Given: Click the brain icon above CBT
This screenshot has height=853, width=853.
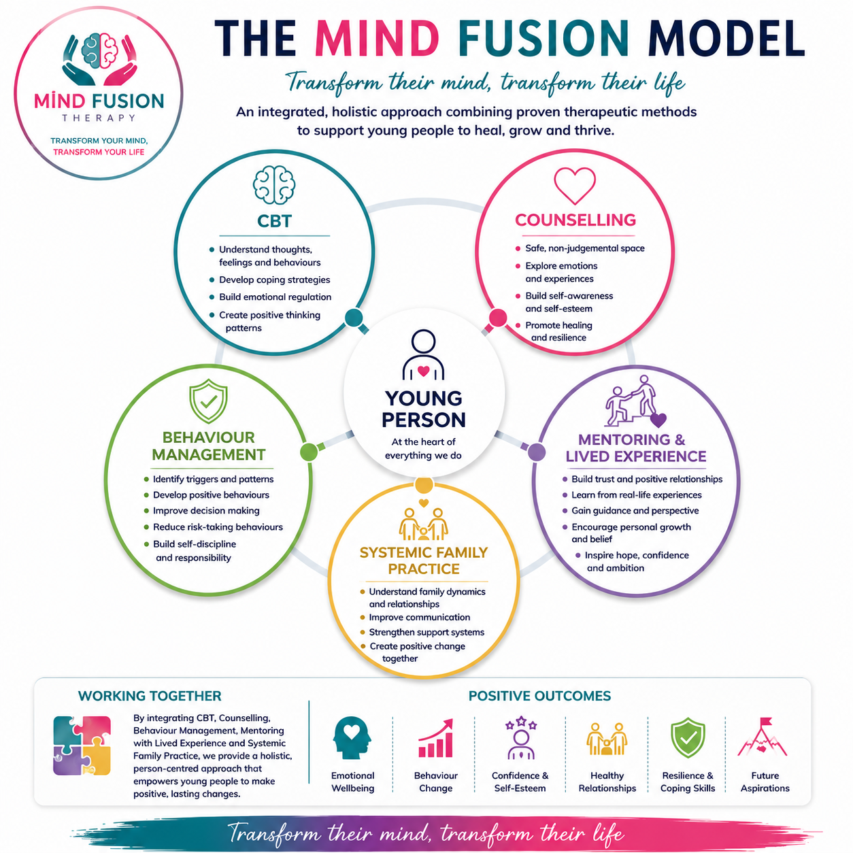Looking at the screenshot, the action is (274, 184).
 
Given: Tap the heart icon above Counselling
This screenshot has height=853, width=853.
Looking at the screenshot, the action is (575, 186).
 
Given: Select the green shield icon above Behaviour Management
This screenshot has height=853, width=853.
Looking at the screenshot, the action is (208, 401).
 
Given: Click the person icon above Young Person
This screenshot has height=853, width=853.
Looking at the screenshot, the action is (423, 355).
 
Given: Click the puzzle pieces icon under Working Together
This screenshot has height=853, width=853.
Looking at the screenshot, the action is (82, 746).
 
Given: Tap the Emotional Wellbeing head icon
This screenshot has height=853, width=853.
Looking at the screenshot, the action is (352, 738).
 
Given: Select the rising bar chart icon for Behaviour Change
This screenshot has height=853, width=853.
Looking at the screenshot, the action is (435, 738).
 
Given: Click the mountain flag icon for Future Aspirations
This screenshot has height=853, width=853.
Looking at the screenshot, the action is (763, 737).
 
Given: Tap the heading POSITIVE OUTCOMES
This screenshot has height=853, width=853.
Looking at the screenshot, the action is (539, 696).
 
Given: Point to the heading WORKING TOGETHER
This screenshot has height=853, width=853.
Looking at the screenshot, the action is (150, 696).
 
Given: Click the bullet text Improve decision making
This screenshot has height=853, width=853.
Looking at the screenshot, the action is (206, 510).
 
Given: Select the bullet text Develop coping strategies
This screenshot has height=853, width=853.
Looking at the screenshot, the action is (274, 280).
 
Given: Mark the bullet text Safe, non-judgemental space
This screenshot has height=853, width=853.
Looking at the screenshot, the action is (585, 248).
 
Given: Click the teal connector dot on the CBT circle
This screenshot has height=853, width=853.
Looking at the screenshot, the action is (354, 318).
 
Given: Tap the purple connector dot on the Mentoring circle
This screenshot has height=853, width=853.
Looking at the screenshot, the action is (537, 452).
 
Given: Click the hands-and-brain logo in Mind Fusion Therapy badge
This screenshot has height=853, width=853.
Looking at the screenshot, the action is (99, 59).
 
